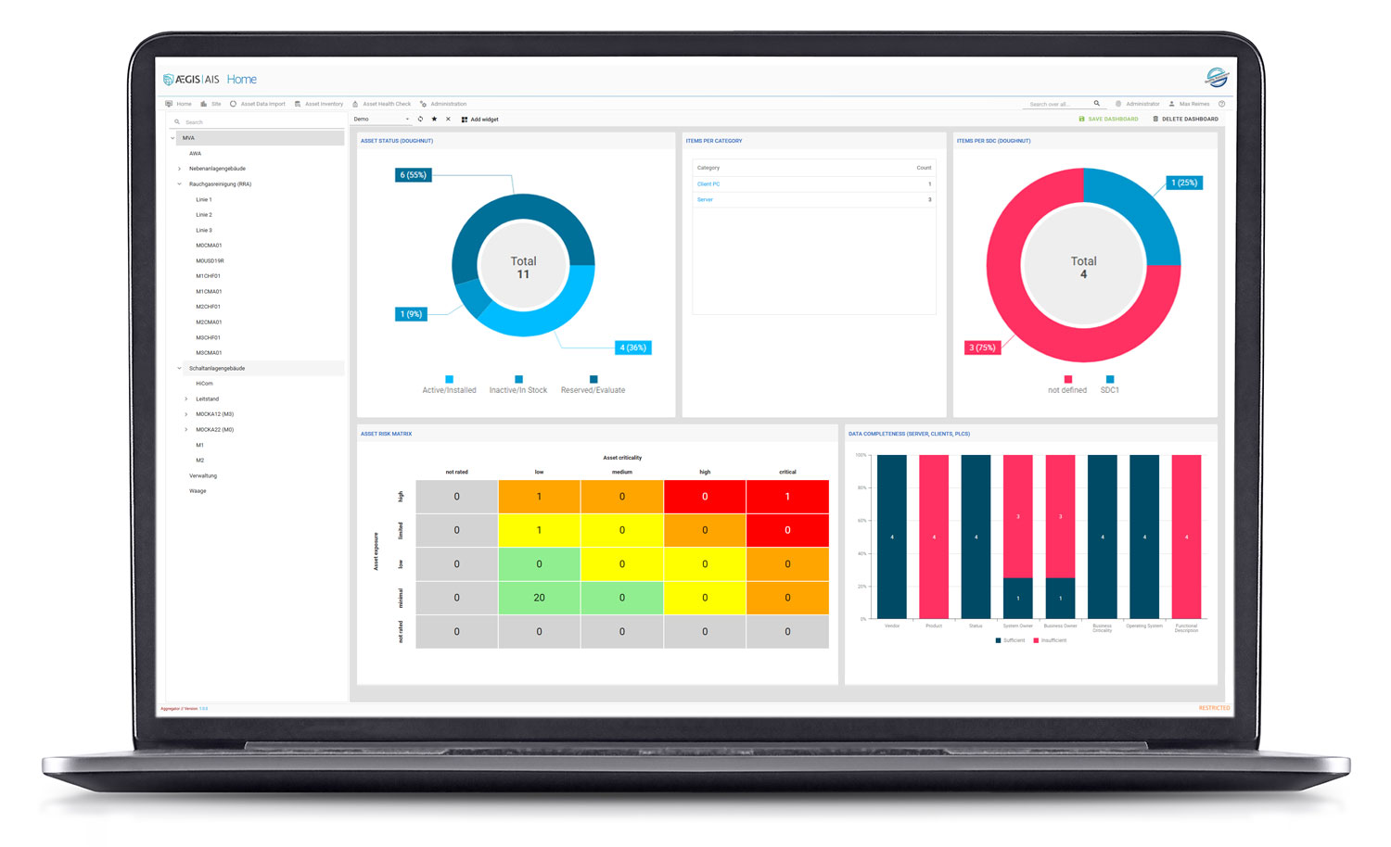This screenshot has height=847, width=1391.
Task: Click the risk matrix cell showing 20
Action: point(539,598)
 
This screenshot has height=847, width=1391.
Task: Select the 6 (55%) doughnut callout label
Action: point(413,175)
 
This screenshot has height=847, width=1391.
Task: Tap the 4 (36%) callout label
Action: point(632,348)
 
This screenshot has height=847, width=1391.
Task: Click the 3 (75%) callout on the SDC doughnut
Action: point(982,348)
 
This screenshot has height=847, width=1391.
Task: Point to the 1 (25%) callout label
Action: point(1184,183)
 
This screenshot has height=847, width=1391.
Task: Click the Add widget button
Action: point(480,120)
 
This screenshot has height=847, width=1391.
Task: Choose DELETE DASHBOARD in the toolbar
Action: point(1186,120)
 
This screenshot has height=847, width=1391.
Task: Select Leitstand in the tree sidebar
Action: point(208,399)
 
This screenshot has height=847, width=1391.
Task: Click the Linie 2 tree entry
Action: point(204,215)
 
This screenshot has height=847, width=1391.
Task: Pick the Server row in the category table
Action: point(706,200)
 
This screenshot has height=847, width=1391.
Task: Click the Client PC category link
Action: point(708,184)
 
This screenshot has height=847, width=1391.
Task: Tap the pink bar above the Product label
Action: point(934,537)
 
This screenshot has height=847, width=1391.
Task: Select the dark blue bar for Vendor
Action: point(892,537)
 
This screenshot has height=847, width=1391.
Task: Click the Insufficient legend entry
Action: point(1050,640)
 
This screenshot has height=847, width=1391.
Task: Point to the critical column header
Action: point(787,472)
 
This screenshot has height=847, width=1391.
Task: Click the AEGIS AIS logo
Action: point(192,80)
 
